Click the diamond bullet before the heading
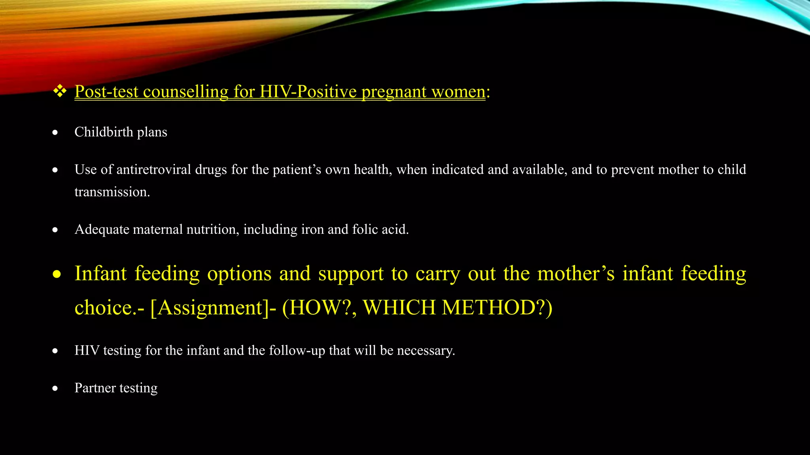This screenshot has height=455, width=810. (x=60, y=91)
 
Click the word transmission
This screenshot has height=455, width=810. (x=112, y=192)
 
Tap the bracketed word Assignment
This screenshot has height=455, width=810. (x=210, y=308)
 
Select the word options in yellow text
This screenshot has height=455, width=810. (x=239, y=274)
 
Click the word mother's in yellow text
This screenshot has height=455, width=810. (x=576, y=274)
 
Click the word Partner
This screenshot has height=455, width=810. (x=95, y=388)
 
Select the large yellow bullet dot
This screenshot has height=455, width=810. (x=57, y=274)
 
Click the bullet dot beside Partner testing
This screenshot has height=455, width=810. (x=55, y=389)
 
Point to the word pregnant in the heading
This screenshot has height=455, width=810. (x=394, y=92)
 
